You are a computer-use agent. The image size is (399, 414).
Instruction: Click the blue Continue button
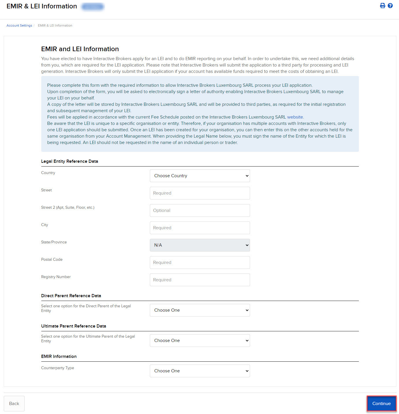(381, 403)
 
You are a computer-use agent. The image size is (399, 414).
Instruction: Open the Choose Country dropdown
(200, 176)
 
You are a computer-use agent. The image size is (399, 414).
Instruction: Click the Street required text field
(200, 193)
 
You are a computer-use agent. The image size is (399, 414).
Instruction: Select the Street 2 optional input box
(200, 210)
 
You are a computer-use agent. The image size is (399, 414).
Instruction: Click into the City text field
(200, 228)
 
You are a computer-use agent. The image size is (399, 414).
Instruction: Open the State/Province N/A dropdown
(200, 245)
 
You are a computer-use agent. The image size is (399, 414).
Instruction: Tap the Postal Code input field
(200, 263)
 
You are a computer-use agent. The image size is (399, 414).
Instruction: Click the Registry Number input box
(200, 280)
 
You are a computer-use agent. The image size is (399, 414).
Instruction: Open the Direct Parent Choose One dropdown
(200, 310)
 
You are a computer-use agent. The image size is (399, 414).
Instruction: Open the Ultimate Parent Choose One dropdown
(200, 341)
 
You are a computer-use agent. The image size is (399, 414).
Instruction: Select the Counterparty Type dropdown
(200, 371)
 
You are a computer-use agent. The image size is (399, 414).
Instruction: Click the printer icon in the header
(383, 6)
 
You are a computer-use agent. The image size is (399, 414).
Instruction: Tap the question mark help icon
(390, 6)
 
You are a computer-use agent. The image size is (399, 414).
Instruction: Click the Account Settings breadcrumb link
(19, 25)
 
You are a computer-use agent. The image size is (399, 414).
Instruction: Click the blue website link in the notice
(295, 117)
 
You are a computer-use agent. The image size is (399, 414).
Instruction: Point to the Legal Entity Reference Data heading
(70, 161)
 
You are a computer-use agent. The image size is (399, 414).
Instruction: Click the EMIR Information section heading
(59, 356)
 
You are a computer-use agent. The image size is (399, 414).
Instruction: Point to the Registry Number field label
(56, 277)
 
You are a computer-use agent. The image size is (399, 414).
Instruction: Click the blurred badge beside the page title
(92, 6)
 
